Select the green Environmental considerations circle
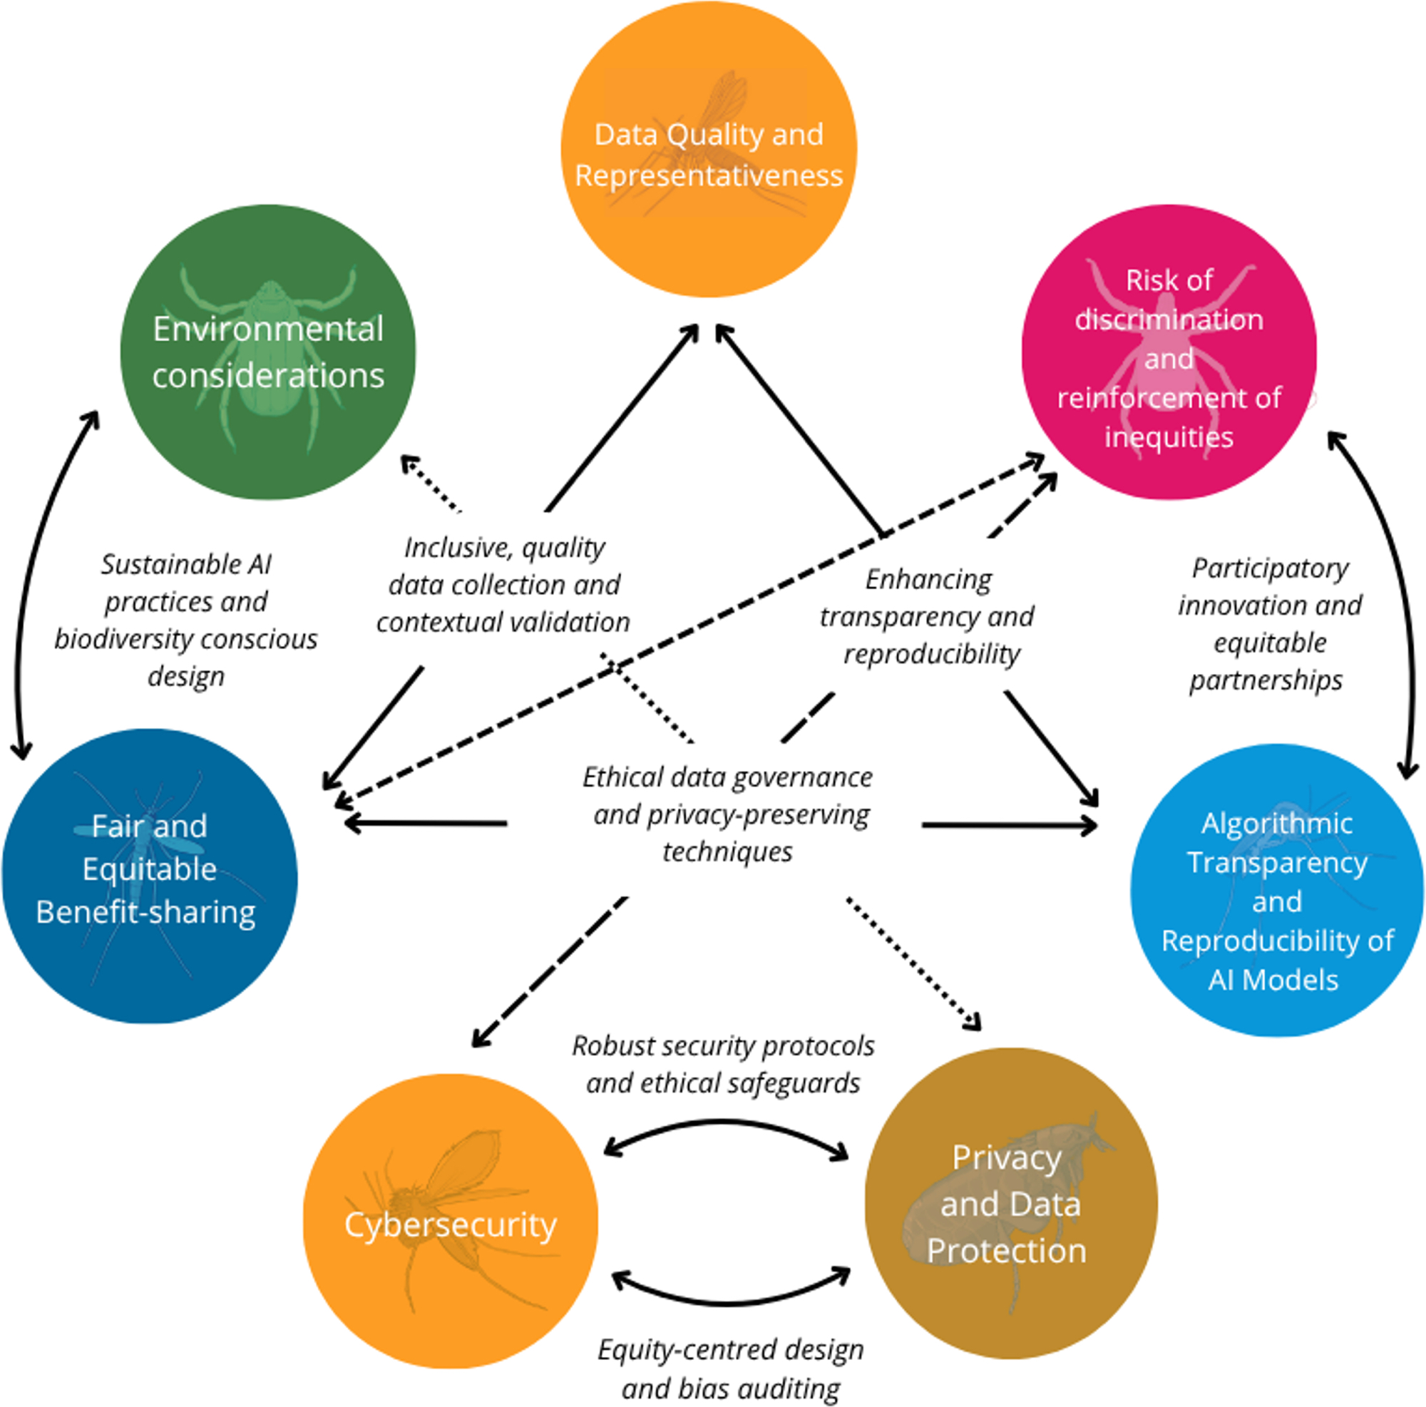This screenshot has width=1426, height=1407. (x=268, y=352)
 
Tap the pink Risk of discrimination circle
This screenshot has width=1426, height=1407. (x=1169, y=352)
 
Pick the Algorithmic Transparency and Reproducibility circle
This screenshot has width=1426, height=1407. (x=1277, y=889)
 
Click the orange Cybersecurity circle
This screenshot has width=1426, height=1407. (x=450, y=1222)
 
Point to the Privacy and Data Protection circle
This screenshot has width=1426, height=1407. (x=1010, y=1203)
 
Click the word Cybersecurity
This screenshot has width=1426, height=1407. (x=450, y=1224)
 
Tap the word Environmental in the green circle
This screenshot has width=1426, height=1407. (x=268, y=329)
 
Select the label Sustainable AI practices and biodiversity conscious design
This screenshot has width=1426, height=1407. (x=186, y=620)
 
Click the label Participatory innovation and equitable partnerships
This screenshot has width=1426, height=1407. (x=1270, y=624)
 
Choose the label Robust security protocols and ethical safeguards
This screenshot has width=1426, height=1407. (x=723, y=1065)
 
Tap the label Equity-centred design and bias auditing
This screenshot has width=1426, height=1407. (x=731, y=1369)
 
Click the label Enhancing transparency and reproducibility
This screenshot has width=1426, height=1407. (x=928, y=616)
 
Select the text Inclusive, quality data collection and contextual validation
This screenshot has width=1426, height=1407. (x=504, y=585)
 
